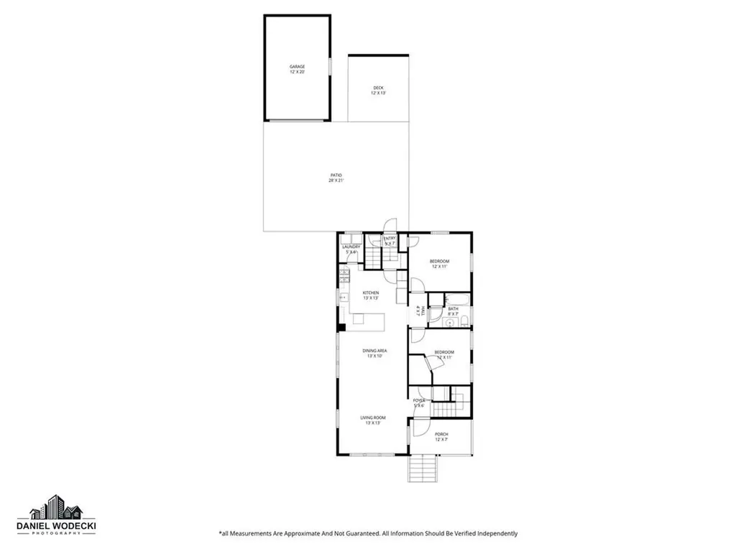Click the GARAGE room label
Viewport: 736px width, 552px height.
(297, 67)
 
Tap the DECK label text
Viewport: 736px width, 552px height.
(378, 88)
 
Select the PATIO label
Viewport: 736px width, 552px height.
(336, 175)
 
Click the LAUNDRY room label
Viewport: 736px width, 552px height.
(351, 247)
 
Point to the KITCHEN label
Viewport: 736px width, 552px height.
(370, 293)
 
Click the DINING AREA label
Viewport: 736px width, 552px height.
(374, 351)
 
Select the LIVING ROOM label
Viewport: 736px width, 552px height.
(373, 418)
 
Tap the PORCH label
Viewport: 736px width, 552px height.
(441, 434)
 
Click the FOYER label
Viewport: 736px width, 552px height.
(419, 400)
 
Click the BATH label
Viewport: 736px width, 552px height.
(453, 308)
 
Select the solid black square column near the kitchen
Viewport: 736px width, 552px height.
(342, 327)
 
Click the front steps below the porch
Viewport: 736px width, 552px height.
(423, 471)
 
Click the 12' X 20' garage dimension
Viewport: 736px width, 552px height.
(297, 73)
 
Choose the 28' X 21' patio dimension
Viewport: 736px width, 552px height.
(336, 180)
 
